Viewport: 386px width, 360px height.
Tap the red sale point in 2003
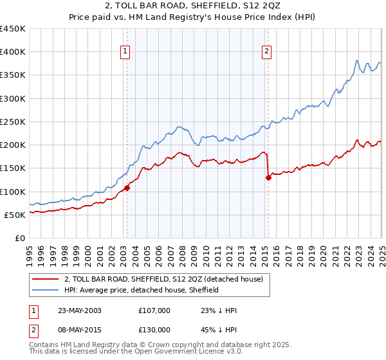pyautogui.click(x=127, y=188)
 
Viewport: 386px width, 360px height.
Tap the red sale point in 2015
pyautogui.click(x=268, y=178)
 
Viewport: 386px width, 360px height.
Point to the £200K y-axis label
pyautogui.click(x=14, y=145)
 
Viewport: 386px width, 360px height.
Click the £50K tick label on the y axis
pyautogui.click(x=16, y=215)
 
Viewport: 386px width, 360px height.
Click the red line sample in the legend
pyautogui.click(x=45, y=280)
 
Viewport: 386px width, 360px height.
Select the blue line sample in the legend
pyautogui.click(x=45, y=291)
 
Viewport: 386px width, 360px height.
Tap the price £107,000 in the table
pyautogui.click(x=154, y=310)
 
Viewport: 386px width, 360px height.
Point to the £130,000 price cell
pyautogui.click(x=154, y=330)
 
